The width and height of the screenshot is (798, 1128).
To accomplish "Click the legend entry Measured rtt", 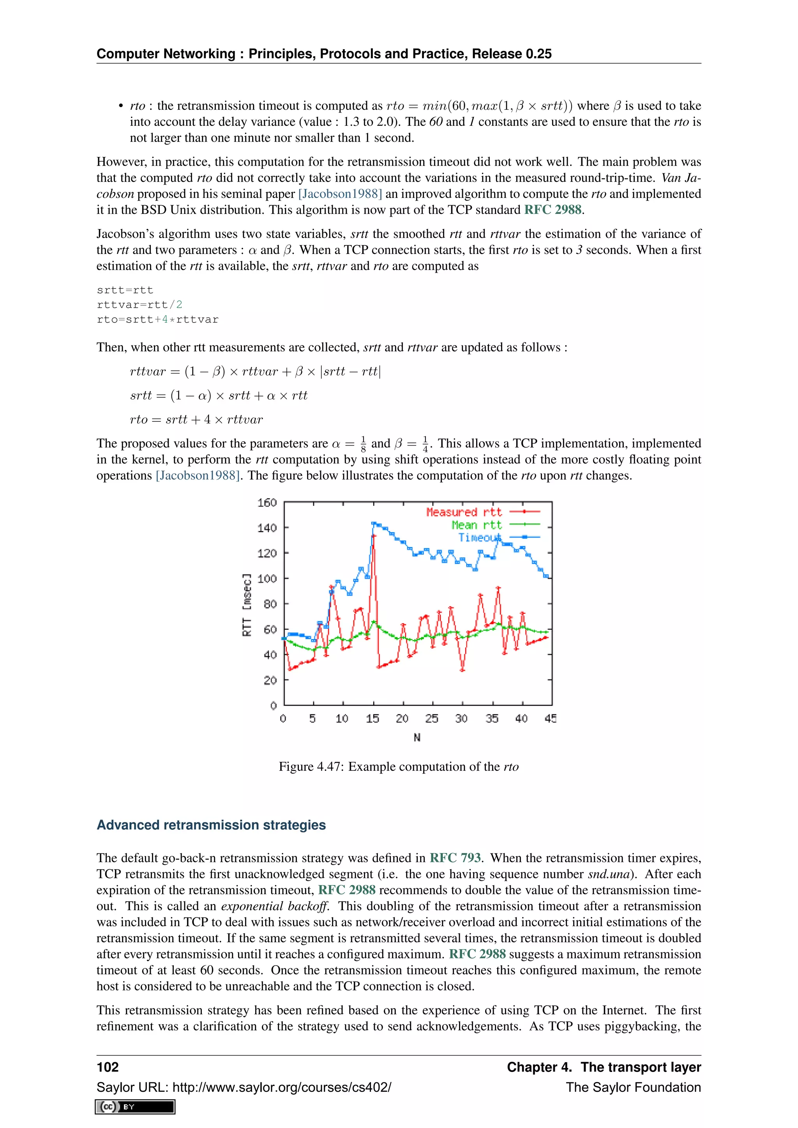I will [464, 512].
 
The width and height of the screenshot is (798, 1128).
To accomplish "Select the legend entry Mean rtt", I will [476, 525].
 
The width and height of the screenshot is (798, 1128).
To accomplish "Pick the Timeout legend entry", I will [480, 538].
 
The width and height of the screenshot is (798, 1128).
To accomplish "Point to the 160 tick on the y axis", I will [267, 502].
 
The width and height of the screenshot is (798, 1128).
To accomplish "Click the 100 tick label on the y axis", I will [267, 578].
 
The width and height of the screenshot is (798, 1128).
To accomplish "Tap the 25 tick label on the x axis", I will [431, 719].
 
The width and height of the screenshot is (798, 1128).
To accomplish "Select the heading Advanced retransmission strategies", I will [211, 825].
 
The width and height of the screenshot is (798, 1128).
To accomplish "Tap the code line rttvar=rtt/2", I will [139, 305].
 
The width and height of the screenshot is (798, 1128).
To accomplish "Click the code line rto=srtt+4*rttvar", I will [157, 319].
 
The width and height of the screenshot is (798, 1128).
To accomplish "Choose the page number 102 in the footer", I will [108, 1067].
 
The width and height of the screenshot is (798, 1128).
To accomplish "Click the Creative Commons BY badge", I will [135, 1107].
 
